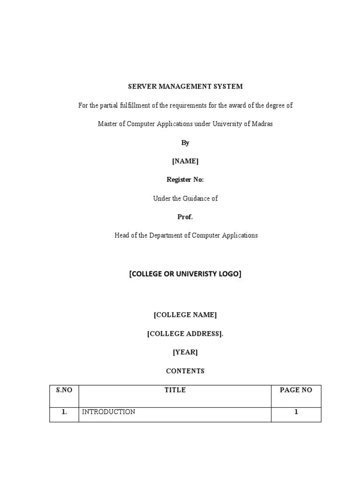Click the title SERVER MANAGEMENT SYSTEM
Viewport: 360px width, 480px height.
[185, 87]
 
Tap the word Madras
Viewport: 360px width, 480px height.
[262, 124]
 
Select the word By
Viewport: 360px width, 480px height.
[185, 142]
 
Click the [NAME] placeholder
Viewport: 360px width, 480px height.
[185, 161]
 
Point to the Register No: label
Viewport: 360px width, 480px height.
[185, 180]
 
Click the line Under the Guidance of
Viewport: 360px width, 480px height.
[185, 198]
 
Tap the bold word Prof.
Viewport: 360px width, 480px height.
[185, 217]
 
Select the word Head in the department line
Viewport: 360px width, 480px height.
[122, 235]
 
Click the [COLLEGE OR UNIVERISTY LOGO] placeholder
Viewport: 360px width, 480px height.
[185, 274]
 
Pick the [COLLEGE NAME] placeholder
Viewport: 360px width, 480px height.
[185, 315]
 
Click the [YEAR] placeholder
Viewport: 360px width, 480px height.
[185, 352]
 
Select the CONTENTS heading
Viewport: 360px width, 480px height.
[185, 371]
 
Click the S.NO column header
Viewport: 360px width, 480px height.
[64, 390]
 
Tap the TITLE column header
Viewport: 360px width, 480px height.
[175, 390]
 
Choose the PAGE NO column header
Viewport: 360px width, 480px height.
[296, 390]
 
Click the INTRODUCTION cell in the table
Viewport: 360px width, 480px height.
[109, 412]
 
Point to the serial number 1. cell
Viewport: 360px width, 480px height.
[64, 412]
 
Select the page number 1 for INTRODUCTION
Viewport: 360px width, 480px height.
[296, 412]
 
